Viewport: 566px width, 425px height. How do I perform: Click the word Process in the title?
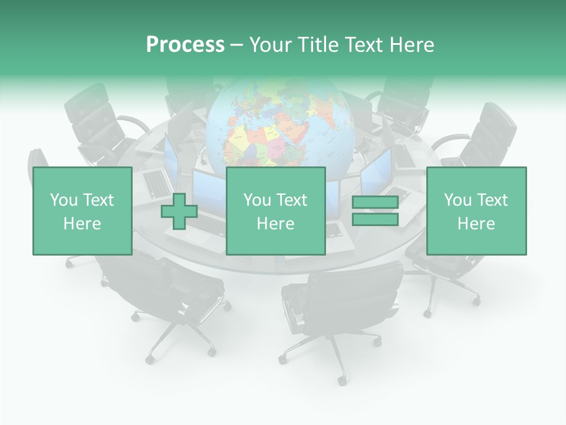coord(185,45)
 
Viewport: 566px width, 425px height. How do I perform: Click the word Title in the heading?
coord(317,45)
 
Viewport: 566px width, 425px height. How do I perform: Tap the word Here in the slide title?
coord(411,45)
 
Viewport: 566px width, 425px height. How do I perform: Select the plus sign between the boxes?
coord(179,211)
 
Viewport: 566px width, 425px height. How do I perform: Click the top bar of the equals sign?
coord(375,202)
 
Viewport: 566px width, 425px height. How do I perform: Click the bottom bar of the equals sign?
coord(375,220)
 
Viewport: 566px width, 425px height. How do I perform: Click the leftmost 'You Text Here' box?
coord(82,211)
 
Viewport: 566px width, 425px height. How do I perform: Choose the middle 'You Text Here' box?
coord(275,211)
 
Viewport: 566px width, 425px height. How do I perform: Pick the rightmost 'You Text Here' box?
coord(476,211)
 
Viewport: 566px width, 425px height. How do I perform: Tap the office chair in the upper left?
coord(97,121)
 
